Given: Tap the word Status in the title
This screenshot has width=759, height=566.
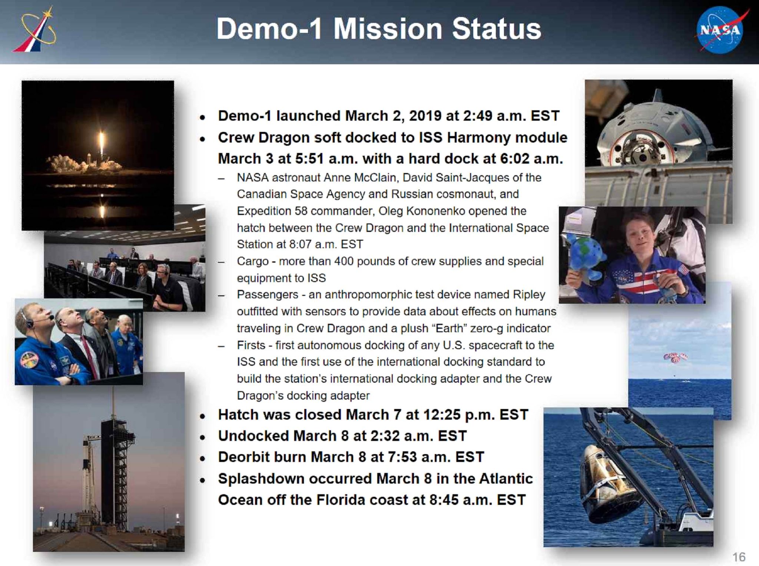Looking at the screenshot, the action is [x=497, y=29].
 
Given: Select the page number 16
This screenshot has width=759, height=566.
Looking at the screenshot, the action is [x=739, y=557].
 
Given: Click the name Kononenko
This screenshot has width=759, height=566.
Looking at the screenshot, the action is [x=435, y=211].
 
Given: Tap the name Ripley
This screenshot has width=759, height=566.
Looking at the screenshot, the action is [x=529, y=295].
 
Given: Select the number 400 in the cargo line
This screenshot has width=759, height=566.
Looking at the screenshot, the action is [x=345, y=261].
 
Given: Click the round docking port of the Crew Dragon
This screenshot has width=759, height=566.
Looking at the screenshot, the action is [x=638, y=149].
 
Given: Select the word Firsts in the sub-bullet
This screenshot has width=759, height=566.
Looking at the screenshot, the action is [x=251, y=345].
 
